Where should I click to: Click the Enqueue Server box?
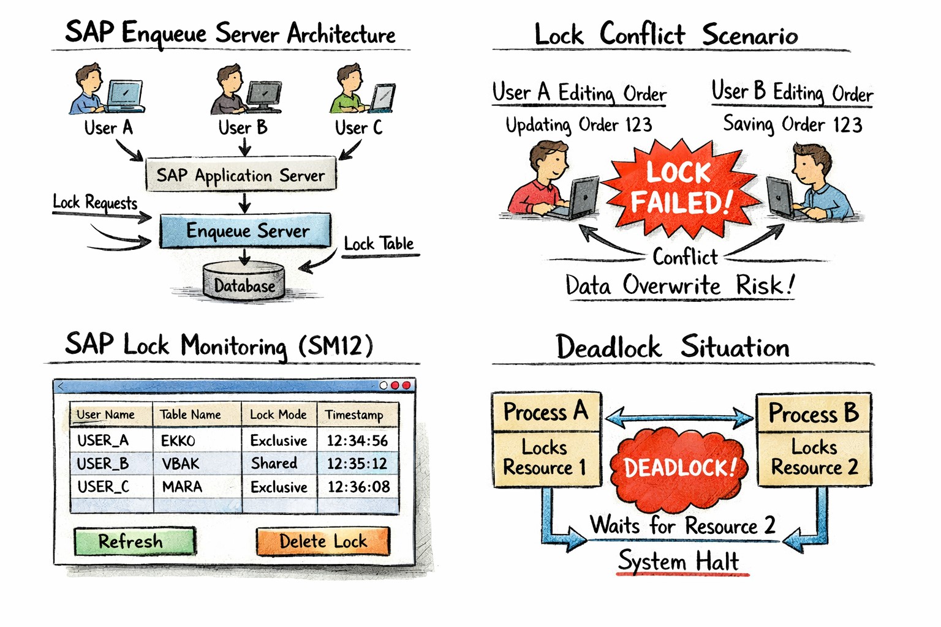pyautogui.click(x=245, y=230)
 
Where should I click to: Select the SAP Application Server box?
pyautogui.click(x=241, y=175)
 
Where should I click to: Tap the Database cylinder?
pyautogui.click(x=244, y=283)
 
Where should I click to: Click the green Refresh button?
pyautogui.click(x=134, y=541)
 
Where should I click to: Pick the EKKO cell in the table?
pyautogui.click(x=178, y=440)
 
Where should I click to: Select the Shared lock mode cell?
pyautogui.click(x=274, y=464)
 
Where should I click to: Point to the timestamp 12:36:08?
pyautogui.click(x=358, y=487)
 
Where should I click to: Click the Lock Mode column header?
pyautogui.click(x=278, y=415)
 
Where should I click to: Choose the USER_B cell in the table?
pyautogui.click(x=103, y=464)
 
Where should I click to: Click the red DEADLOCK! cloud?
pyautogui.click(x=679, y=468)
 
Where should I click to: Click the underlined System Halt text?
pyautogui.click(x=679, y=561)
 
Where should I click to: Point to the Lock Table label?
pyautogui.click(x=379, y=244)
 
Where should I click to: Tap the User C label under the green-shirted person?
pyautogui.click(x=358, y=127)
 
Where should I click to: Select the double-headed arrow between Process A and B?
pyautogui.click(x=679, y=418)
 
